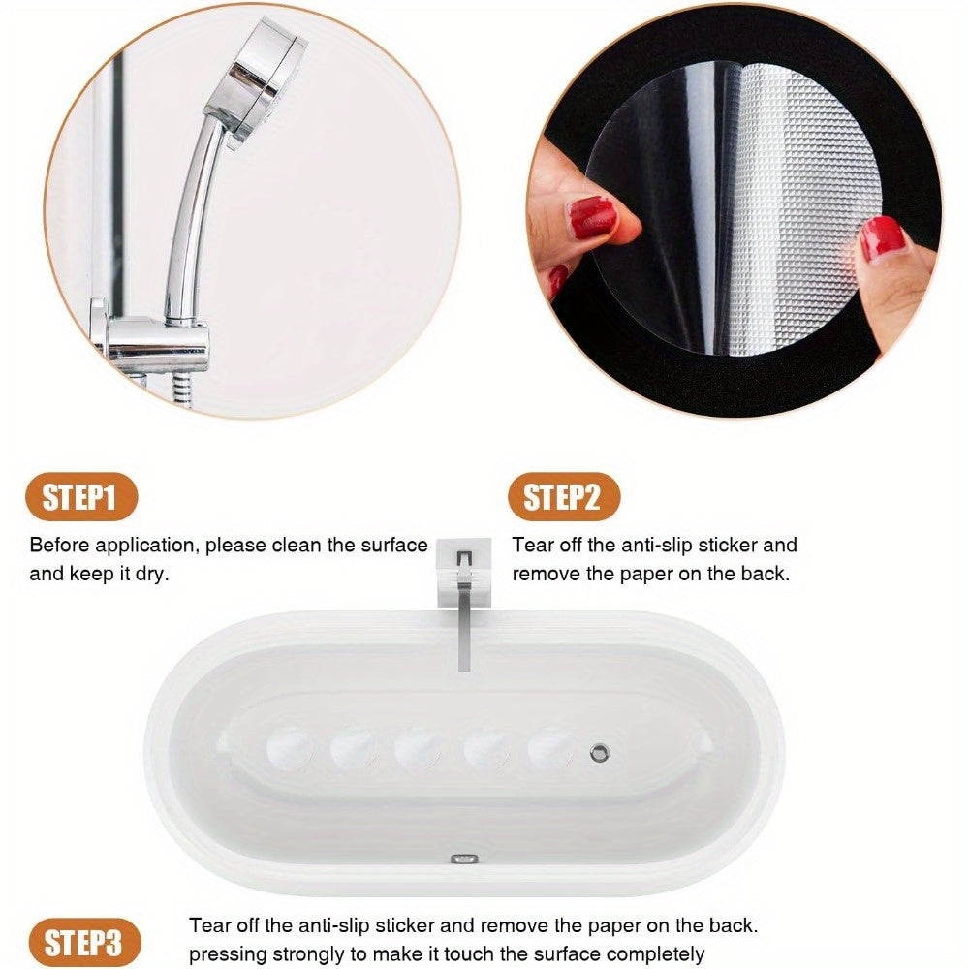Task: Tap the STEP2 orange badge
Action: (562, 498)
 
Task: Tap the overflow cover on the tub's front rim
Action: (464, 860)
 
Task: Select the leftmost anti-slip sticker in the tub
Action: (289, 749)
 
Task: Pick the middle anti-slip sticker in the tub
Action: (419, 749)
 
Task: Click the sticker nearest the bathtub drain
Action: (550, 749)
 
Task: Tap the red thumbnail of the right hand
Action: (882, 237)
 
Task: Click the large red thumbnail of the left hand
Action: (593, 218)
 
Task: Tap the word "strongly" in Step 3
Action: (297, 953)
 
